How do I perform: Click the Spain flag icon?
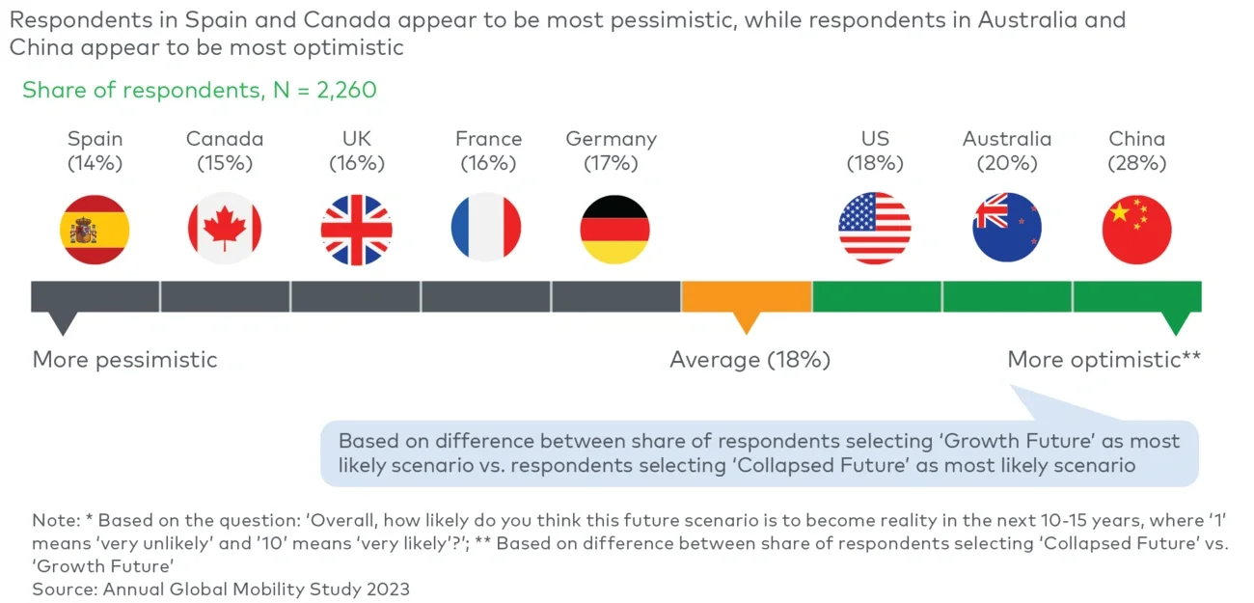pos(95,230)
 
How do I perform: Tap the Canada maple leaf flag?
pos(225,230)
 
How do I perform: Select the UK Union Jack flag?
pos(356,230)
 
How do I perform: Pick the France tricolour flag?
pos(486,230)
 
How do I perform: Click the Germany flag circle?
pos(614,230)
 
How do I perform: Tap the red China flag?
pos(1136,230)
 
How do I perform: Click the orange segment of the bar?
pos(746,296)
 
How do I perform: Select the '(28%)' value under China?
pos(1137,163)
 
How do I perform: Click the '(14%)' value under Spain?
pos(95,163)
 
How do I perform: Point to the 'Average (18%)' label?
pos(750,360)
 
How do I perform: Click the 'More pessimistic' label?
pos(124,360)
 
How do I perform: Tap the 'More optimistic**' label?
pos(1104,360)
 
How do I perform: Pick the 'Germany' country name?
pos(611,139)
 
